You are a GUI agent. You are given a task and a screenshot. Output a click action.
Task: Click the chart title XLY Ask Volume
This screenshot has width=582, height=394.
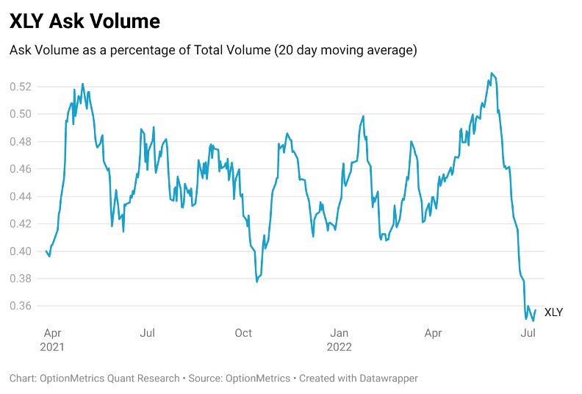point(85,21)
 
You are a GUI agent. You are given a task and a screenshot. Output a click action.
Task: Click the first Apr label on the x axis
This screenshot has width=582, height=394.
point(53,333)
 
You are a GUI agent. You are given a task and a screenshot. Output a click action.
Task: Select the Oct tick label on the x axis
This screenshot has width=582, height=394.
point(243,333)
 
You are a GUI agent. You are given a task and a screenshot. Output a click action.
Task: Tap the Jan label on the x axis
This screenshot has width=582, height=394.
point(339,333)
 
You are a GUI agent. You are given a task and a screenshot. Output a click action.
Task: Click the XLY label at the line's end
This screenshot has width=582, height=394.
point(553,312)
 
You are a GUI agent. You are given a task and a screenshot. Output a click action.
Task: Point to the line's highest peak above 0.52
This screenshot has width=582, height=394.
point(491,73)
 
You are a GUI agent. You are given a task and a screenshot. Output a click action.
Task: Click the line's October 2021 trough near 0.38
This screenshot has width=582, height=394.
point(256,282)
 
